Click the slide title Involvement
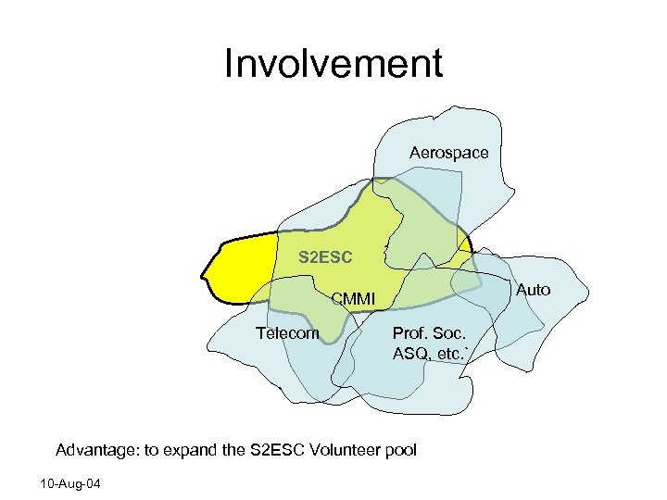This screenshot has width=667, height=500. [333, 65]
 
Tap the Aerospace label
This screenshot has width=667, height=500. [448, 152]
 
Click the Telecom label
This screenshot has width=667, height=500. [287, 333]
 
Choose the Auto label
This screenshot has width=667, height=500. [533, 290]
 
